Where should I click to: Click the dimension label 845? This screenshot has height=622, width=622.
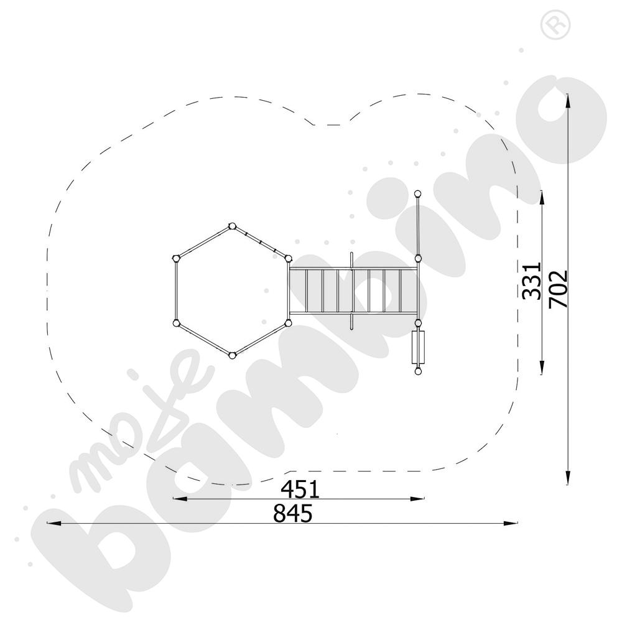point(293,514)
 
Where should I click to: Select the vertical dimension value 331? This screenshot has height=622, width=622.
point(532,281)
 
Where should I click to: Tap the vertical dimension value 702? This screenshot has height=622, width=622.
point(559,289)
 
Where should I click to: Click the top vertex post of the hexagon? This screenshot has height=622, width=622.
point(232,226)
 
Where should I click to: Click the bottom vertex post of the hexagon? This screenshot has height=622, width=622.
point(233,356)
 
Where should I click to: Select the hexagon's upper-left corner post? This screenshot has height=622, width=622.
point(176,259)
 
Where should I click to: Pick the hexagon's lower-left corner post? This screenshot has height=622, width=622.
point(176,323)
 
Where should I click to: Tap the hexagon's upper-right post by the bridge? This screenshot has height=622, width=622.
point(288,259)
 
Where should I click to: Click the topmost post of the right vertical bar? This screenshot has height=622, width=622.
point(418,193)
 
